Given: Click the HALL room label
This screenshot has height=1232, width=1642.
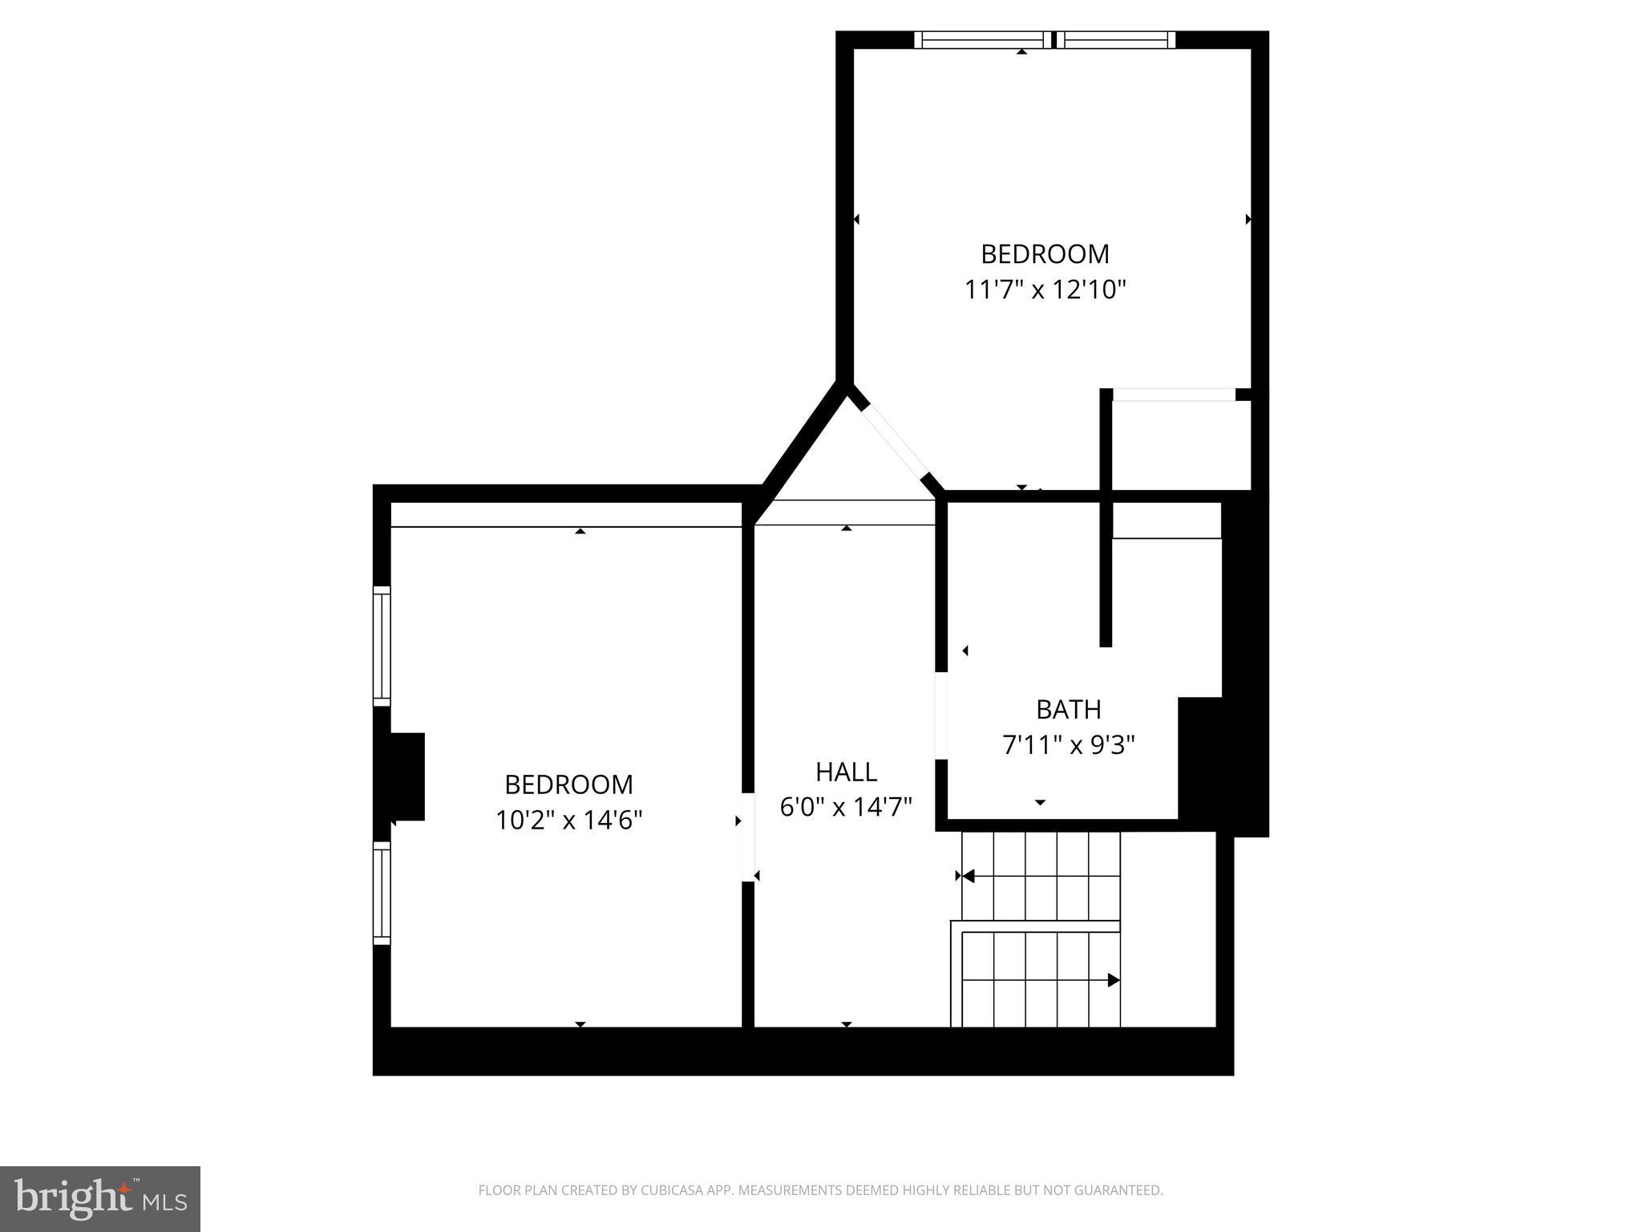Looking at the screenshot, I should pyautogui.click(x=846, y=772).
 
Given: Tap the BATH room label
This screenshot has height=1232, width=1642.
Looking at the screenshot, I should pyautogui.click(x=1068, y=710).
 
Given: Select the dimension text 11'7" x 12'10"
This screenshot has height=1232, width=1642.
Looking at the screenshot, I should pyautogui.click(x=1045, y=290).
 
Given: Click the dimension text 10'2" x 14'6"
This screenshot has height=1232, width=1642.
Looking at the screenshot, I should pyautogui.click(x=568, y=821).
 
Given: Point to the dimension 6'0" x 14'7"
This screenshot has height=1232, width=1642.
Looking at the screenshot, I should pyautogui.click(x=846, y=807).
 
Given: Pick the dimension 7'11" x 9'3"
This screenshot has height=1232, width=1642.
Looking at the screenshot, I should pyautogui.click(x=1068, y=746).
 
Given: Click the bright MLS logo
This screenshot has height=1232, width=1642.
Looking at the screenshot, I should pyautogui.click(x=100, y=1198).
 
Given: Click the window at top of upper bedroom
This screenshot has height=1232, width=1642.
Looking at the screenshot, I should pyautogui.click(x=1045, y=40).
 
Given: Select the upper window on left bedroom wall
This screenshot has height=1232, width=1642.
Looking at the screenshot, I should pyautogui.click(x=382, y=646).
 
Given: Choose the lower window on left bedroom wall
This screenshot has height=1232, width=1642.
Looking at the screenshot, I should pyautogui.click(x=382, y=893).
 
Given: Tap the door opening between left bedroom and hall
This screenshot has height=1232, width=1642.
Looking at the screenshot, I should pyautogui.click(x=748, y=837).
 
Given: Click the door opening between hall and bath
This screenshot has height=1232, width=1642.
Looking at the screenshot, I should pyautogui.click(x=942, y=715).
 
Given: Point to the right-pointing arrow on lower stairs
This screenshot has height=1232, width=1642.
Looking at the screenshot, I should pyautogui.click(x=1113, y=979).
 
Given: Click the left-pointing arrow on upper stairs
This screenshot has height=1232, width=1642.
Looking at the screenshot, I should pyautogui.click(x=967, y=876).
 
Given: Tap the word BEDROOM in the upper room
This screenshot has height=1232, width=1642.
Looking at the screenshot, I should pyautogui.click(x=1045, y=254).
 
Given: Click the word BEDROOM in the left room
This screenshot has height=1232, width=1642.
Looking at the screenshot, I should pyautogui.click(x=568, y=784).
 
